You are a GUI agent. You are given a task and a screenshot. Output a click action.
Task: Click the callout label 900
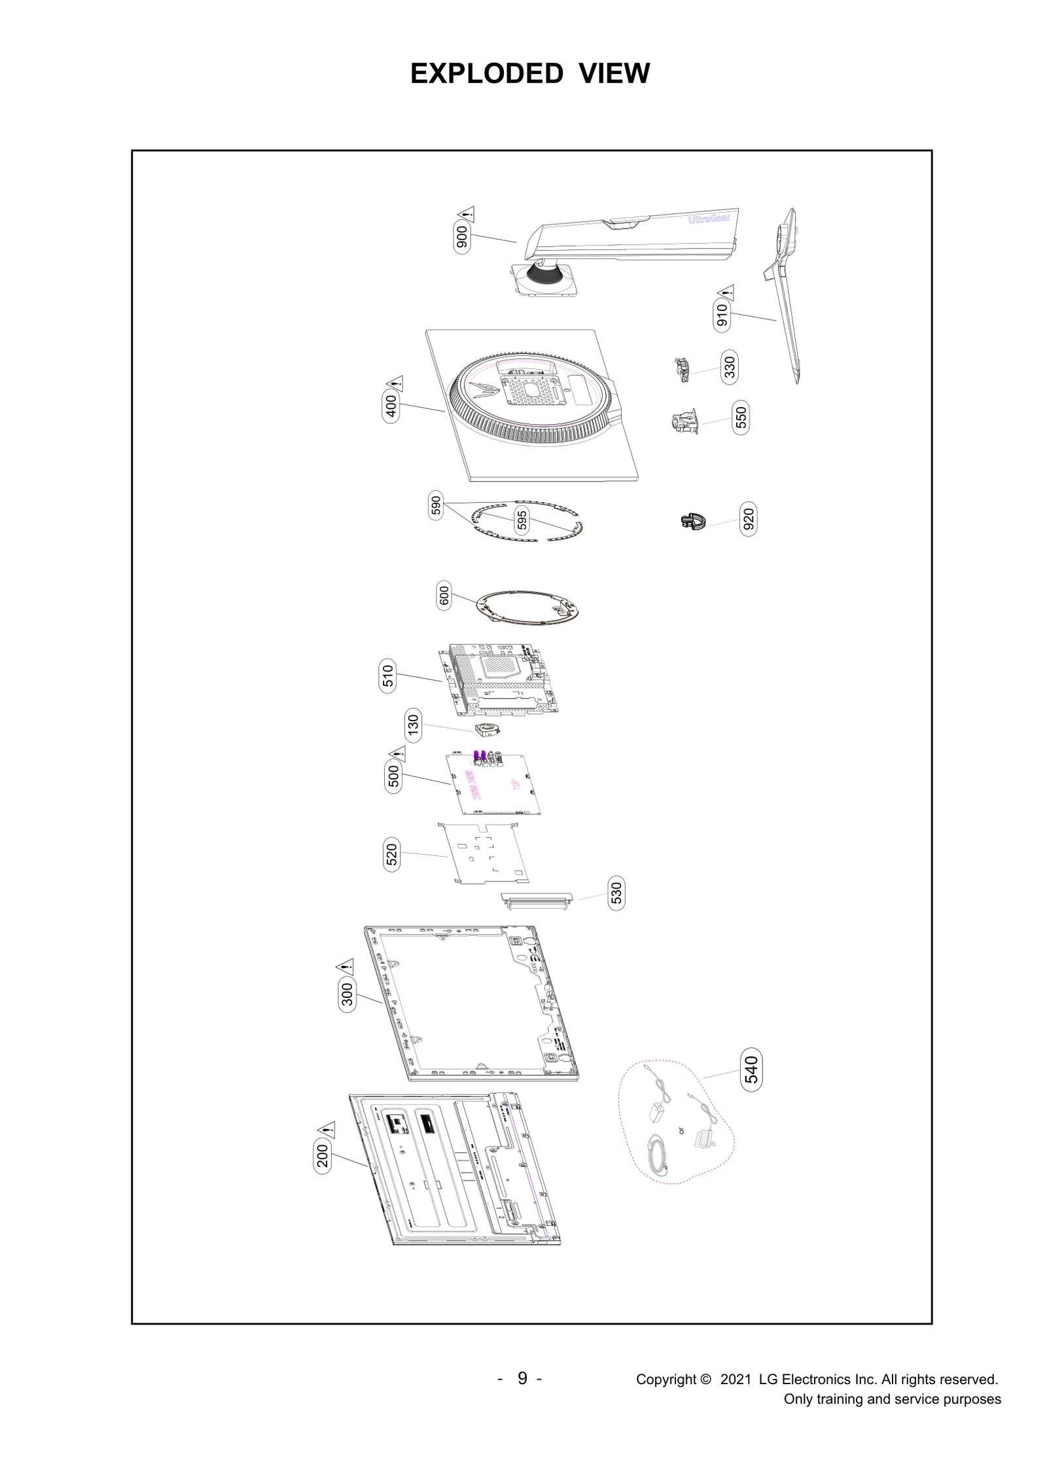click(461, 237)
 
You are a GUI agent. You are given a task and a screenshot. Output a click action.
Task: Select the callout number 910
click(722, 315)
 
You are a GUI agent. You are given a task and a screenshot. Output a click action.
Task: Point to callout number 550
click(741, 418)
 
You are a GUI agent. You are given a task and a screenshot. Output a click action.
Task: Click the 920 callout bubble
click(749, 519)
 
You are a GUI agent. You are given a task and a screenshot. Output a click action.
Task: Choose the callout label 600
click(444, 596)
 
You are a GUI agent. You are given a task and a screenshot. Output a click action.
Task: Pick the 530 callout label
click(616, 893)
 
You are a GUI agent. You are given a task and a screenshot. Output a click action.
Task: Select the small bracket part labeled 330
click(682, 370)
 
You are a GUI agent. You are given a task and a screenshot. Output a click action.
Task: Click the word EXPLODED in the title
click(486, 73)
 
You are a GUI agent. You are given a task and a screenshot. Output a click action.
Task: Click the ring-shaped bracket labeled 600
click(529, 607)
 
